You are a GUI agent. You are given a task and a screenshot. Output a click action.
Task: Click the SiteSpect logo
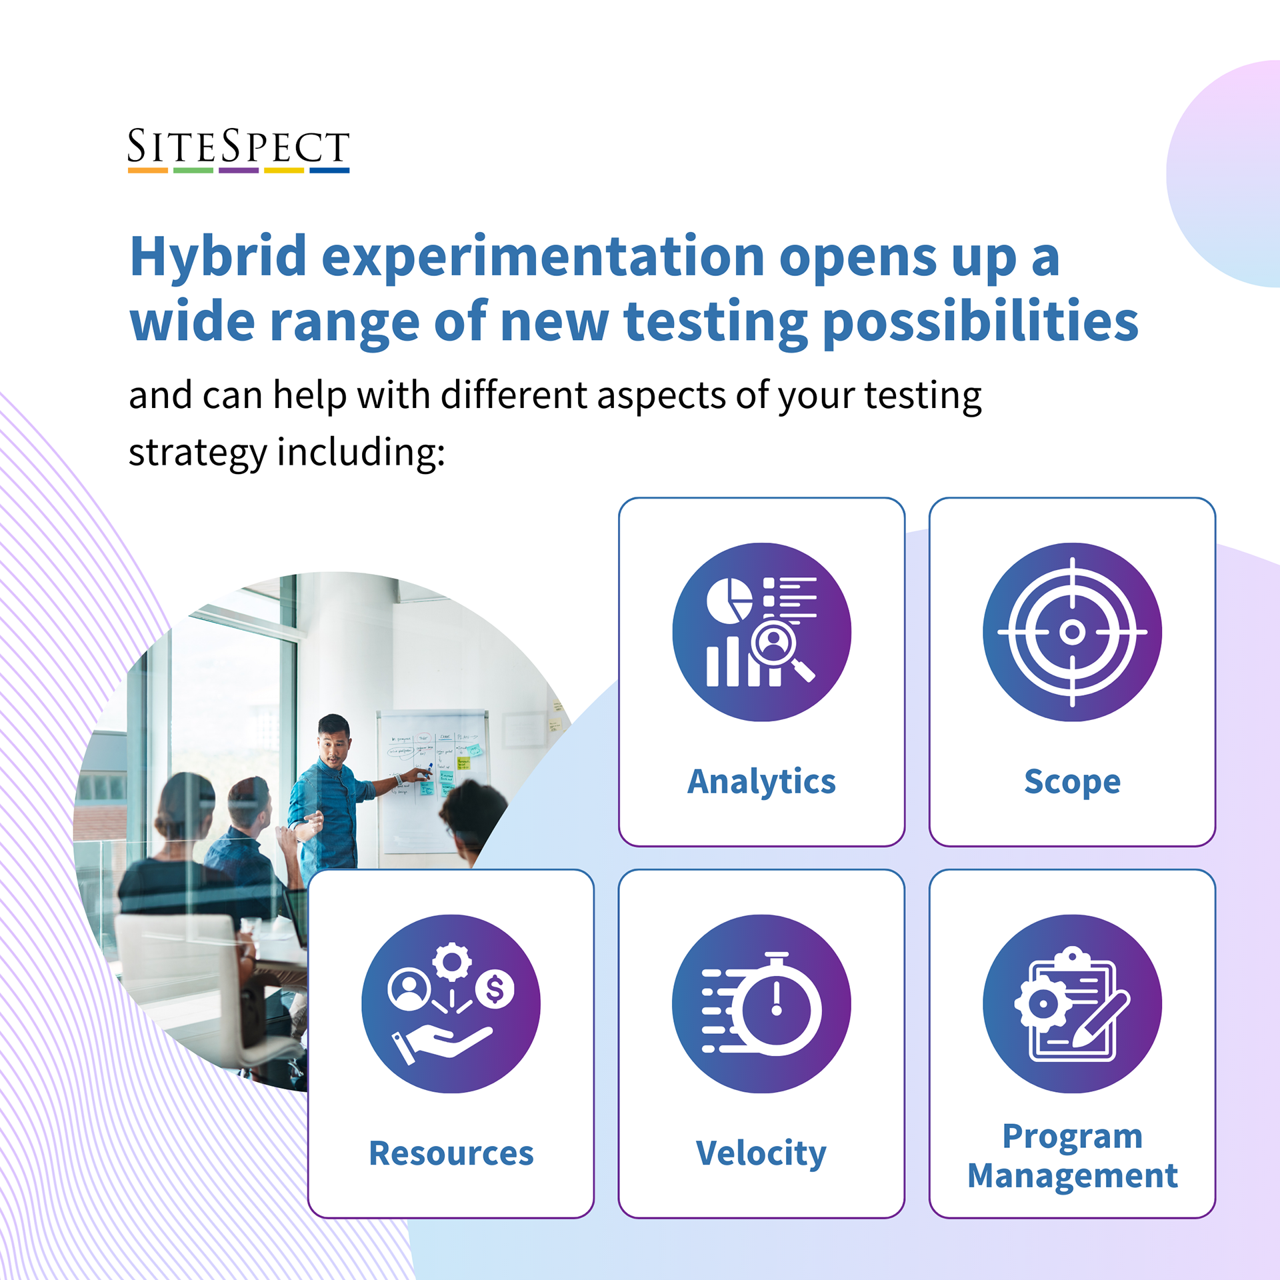239,150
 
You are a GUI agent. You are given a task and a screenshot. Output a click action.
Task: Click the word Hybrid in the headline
218,259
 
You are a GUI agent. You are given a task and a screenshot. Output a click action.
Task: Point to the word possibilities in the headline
981,324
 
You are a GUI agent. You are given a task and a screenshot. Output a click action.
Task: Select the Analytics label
761,782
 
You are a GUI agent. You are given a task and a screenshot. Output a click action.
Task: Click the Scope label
1072,782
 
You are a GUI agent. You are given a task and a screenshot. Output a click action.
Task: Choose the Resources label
451,1153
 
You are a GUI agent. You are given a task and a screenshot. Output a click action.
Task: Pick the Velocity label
761,1154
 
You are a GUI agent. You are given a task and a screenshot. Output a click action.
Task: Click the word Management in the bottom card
1072,1175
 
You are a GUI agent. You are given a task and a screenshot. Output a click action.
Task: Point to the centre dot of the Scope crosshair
1072,631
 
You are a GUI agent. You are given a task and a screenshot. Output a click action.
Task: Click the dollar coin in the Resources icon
494,989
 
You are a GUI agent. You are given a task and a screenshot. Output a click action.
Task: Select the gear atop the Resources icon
451,961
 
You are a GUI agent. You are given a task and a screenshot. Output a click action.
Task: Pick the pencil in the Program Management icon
1101,1019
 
